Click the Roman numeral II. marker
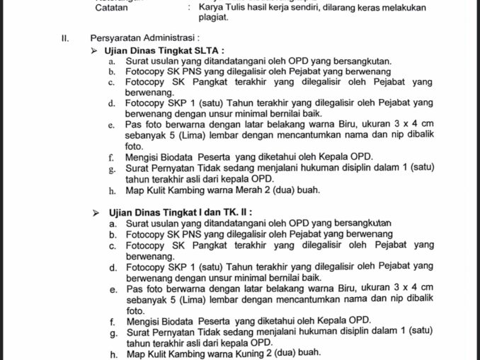pos(64,37)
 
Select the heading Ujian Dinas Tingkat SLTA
pos(164,51)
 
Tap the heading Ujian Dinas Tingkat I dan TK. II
pos(181,211)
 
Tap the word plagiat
pos(215,18)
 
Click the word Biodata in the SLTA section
pos(186,157)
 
